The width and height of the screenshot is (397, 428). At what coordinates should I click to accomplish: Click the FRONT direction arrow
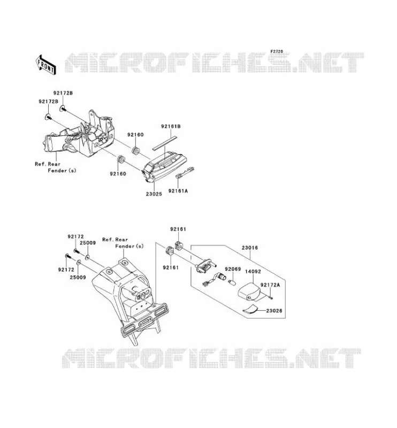[46, 65]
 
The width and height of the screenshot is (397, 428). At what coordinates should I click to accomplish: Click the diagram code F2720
[277, 51]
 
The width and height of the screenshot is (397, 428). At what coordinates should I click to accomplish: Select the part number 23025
[154, 194]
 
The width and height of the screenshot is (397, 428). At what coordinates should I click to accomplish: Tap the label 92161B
[171, 126]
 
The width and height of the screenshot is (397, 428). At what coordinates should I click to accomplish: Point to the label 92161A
[178, 191]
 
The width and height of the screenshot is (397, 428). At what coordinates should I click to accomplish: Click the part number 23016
[249, 248]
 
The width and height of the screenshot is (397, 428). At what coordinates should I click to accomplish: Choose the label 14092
[253, 272]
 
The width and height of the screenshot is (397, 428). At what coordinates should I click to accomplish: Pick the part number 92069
[233, 269]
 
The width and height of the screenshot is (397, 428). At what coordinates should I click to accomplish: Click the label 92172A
[270, 285]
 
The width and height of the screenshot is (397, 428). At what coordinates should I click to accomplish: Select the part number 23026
[274, 311]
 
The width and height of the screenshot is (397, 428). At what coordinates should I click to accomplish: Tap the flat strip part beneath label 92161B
[165, 142]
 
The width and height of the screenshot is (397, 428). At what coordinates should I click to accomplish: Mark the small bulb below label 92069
[232, 281]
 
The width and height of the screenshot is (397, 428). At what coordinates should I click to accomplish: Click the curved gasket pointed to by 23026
[250, 309]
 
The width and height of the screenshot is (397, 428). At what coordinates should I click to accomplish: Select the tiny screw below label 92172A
[271, 297]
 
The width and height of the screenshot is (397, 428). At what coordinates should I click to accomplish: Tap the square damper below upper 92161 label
[179, 244]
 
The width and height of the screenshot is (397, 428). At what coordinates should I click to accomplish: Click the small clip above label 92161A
[185, 172]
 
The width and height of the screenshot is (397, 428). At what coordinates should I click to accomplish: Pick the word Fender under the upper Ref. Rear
[57, 171]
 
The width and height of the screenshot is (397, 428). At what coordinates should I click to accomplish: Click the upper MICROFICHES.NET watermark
[215, 63]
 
